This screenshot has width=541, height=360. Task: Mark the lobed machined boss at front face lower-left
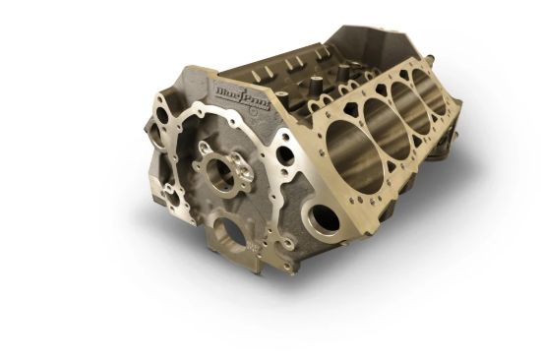[x=175, y=192]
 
